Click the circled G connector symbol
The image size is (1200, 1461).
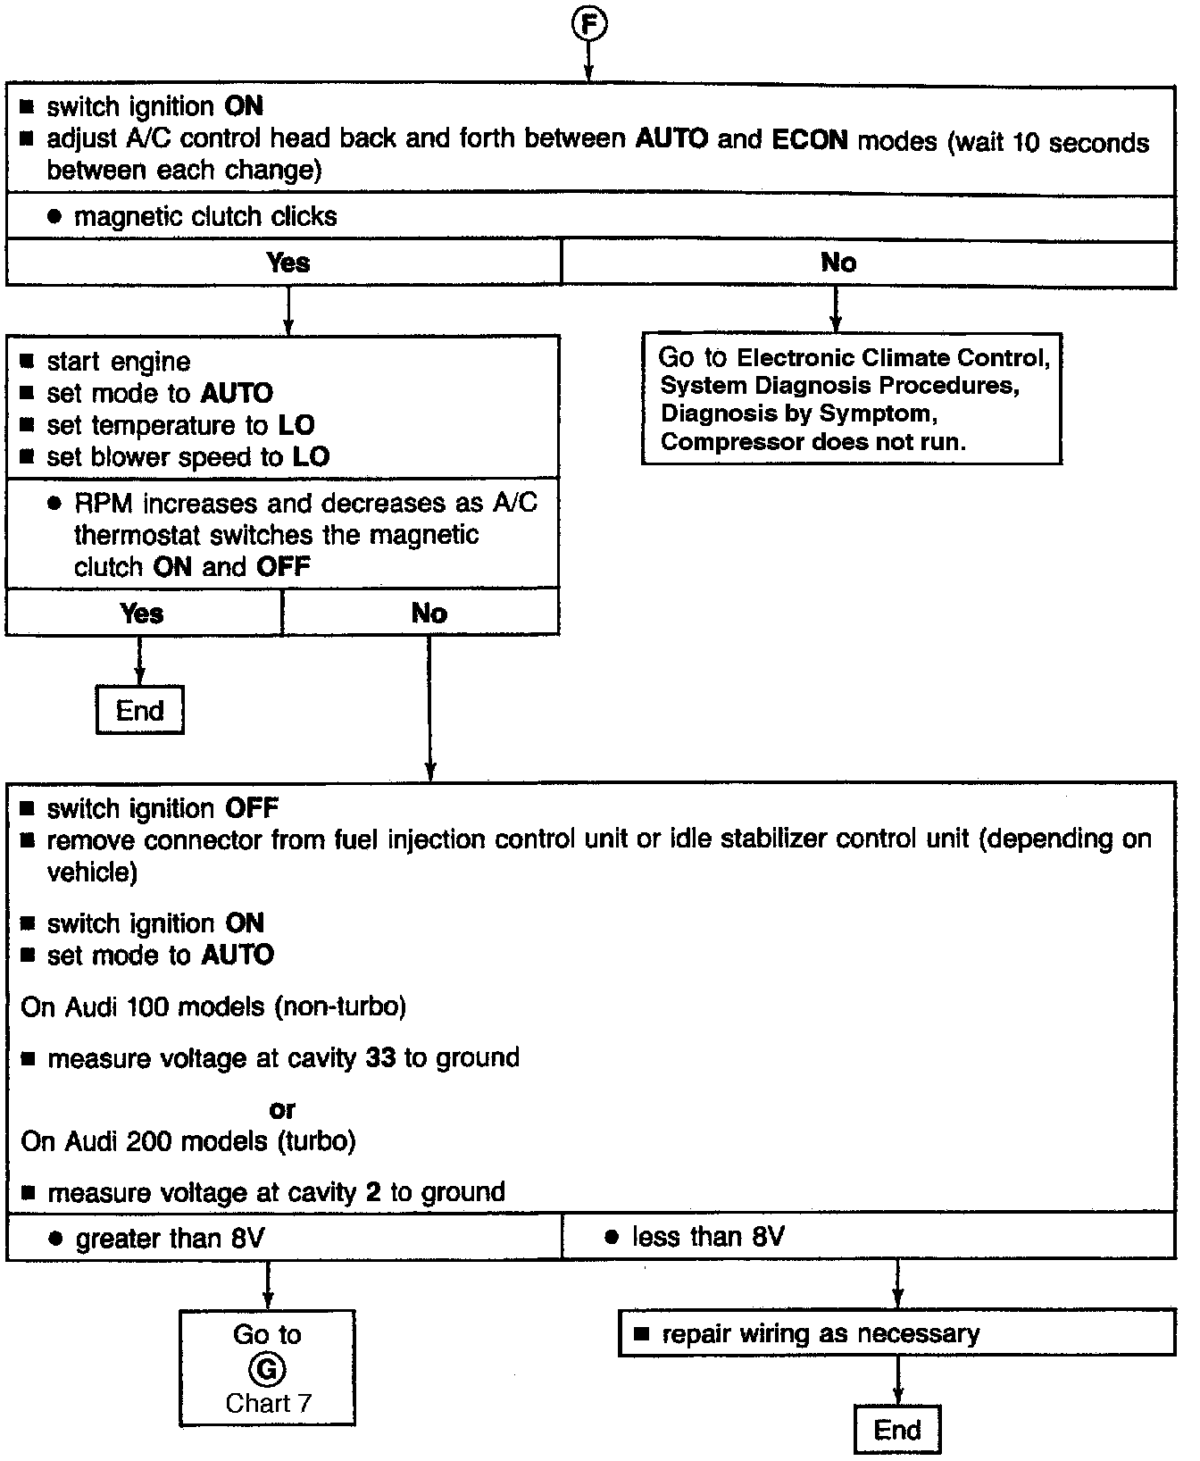coord(266,1369)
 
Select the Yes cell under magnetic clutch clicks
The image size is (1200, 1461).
coord(287,263)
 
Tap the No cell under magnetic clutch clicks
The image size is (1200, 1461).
coord(837,263)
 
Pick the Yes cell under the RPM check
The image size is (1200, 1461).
coord(142,614)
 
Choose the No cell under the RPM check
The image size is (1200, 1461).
coord(429,614)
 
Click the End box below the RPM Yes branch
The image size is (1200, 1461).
coord(140,711)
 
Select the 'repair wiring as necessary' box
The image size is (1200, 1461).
coord(896,1334)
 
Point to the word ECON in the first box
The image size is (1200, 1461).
coord(810,139)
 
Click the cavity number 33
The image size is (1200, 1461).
coord(380,1058)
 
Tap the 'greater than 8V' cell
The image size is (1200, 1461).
coord(170,1239)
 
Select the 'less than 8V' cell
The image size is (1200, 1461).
coord(707,1237)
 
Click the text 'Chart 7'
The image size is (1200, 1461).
coord(268,1403)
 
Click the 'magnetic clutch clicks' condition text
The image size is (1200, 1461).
coord(205,217)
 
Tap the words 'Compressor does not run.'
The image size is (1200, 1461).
coord(812,442)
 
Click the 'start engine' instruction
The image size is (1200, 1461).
coord(118,362)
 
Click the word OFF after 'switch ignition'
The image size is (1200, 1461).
coord(252,809)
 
